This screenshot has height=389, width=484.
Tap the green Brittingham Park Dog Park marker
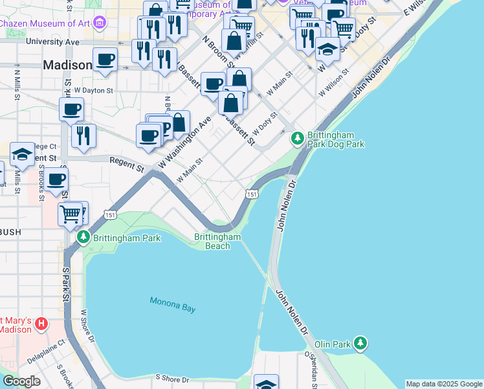(297, 137)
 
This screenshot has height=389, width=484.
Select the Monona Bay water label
(172, 305)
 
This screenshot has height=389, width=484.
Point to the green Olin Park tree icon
(360, 342)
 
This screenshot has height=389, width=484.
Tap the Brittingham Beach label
(217, 241)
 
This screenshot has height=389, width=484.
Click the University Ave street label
(52, 42)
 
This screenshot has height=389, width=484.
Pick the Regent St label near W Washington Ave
(126, 163)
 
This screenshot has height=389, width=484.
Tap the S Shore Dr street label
(171, 379)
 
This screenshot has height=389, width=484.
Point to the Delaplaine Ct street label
(47, 351)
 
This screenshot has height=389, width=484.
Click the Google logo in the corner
(21, 381)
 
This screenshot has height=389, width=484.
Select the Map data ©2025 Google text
(444, 384)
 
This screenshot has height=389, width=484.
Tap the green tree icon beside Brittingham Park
(83, 238)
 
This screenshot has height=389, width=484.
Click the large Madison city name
(67, 65)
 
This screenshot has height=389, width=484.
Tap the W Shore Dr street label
(88, 327)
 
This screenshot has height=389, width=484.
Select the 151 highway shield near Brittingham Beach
(252, 194)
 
